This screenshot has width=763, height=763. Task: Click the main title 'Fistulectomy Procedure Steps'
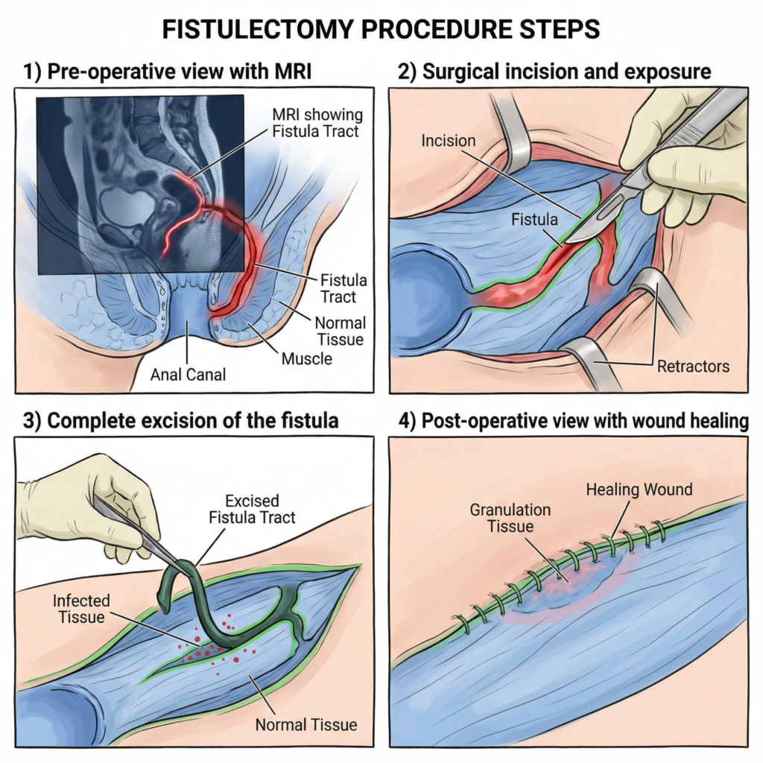click(x=381, y=30)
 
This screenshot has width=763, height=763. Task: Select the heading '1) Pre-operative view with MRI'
click(x=168, y=73)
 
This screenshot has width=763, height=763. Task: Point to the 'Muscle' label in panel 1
click(x=306, y=359)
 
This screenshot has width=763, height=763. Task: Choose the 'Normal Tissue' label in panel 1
click(x=340, y=332)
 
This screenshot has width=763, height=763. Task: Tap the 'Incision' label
click(x=448, y=139)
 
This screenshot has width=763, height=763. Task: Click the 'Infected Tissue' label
click(x=81, y=609)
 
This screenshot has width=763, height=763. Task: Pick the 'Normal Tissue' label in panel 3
click(x=306, y=724)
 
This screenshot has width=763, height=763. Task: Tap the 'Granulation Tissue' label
click(x=510, y=518)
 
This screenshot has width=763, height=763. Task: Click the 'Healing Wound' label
click(x=639, y=490)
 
